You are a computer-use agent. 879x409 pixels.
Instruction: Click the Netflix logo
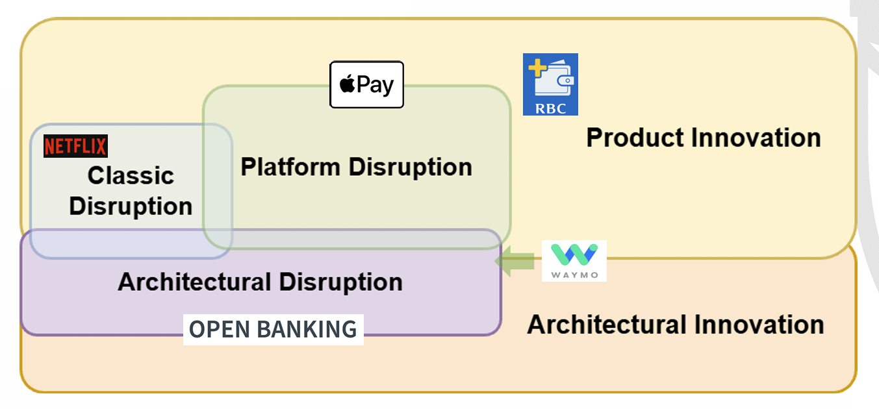coord(75,147)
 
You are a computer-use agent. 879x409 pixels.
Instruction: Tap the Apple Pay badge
coord(366,84)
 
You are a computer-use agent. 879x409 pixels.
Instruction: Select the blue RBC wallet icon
coord(550,84)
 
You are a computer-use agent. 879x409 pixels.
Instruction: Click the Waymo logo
coord(574,260)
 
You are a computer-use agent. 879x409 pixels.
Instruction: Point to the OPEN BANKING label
coord(273,329)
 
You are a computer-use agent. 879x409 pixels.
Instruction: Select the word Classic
coord(131,175)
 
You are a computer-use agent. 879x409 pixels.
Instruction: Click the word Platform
coord(291,167)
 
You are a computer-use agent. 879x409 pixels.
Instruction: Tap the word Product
coord(635,138)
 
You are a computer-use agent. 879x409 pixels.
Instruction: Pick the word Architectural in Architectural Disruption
coord(194,282)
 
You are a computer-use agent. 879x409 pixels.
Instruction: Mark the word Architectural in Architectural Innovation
coord(607,324)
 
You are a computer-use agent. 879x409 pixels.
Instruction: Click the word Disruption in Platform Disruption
coord(410,167)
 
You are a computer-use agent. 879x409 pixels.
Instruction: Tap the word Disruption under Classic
coord(131,206)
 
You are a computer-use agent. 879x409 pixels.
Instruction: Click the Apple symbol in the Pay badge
coord(348,84)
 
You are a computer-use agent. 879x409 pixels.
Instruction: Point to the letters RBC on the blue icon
coord(550,108)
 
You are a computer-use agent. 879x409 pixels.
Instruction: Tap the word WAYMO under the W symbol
coord(574,274)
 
